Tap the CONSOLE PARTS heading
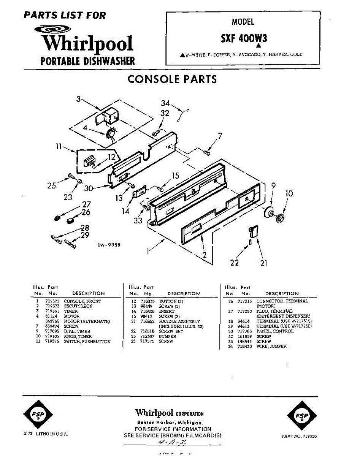pos(172,79)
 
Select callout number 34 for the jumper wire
pos(165,103)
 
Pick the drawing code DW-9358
pos(109,245)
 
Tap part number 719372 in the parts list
pos(51,301)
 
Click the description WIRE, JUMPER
pos(271,347)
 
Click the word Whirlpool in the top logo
pos(87,44)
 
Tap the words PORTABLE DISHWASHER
pos(87,61)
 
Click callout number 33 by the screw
pos(138,220)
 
